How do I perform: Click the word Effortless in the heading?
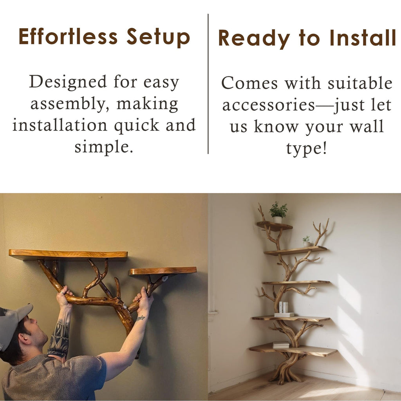coord(68,36)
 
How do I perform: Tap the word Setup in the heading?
coord(158,37)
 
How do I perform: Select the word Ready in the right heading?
coord(254,38)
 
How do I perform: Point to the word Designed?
coord(68,82)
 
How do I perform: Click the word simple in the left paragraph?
coord(103,147)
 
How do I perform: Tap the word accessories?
coord(269,105)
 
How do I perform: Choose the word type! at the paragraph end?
coord(306,148)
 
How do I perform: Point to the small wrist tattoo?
coord(141,318)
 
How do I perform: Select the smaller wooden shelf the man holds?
coord(163,271)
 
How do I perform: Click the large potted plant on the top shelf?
coord(278,212)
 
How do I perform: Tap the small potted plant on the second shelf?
coord(306,241)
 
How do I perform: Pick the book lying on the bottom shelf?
coord(280,345)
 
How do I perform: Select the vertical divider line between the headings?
coord(208,84)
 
